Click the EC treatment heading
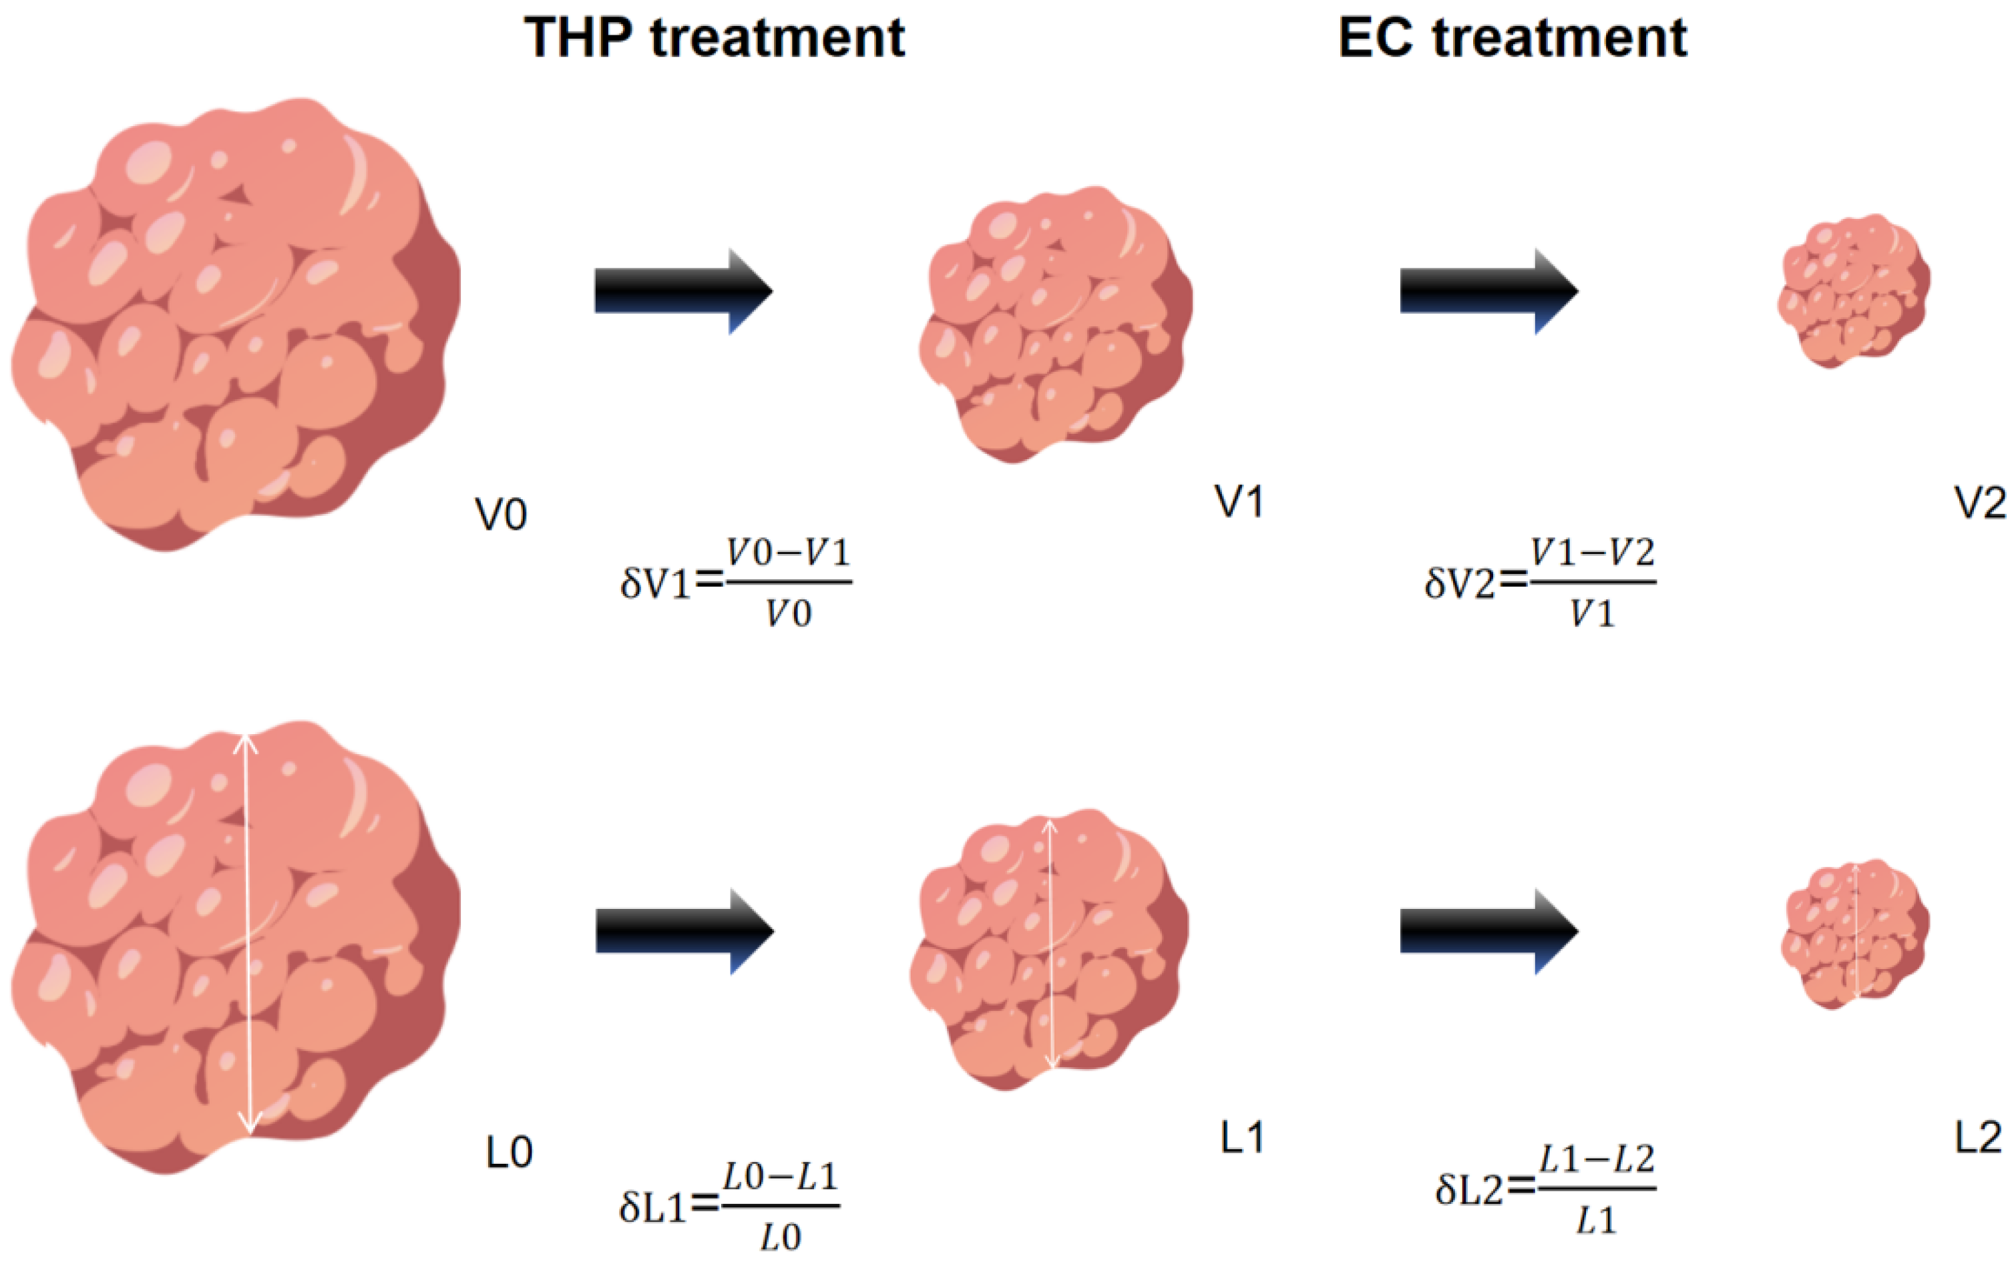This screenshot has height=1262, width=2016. (x=1512, y=39)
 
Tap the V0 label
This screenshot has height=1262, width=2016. (x=501, y=515)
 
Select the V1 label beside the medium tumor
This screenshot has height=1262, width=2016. (x=1239, y=503)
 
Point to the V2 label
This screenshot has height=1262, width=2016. (x=1980, y=504)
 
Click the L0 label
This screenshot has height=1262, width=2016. (x=509, y=1153)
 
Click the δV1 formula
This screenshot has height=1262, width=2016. (x=736, y=583)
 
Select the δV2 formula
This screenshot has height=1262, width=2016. (x=1540, y=583)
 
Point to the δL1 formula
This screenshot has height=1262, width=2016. (x=729, y=1207)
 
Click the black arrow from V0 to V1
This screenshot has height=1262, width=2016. (x=683, y=290)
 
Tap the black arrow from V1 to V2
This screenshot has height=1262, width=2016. (x=1488, y=290)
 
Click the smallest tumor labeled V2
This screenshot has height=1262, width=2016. (x=1853, y=290)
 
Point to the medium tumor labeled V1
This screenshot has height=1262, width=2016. (x=1056, y=324)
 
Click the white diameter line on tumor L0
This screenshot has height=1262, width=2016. (x=247, y=935)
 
